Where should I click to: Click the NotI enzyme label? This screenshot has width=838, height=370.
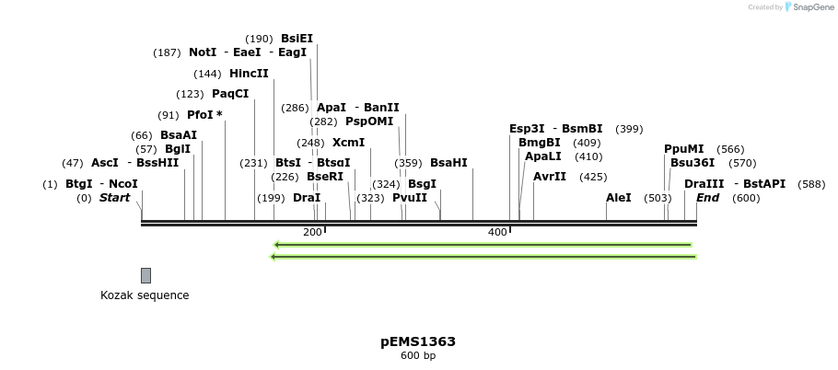point(203,52)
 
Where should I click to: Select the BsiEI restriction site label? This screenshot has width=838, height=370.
point(297,39)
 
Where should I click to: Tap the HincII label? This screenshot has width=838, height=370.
point(249,74)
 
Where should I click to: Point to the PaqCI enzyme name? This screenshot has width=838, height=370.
point(230,94)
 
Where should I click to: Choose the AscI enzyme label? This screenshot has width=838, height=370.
point(105,163)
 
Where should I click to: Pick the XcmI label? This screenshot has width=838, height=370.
point(348,143)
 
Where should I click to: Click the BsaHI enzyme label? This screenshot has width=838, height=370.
point(448,163)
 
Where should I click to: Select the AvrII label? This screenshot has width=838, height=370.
point(550,177)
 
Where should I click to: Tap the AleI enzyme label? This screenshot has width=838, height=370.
point(619,198)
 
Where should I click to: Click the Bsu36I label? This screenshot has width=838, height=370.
point(693,163)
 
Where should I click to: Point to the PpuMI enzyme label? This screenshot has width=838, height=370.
point(683,149)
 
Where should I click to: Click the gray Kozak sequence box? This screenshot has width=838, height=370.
point(145,275)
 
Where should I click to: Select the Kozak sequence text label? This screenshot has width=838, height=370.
point(145,295)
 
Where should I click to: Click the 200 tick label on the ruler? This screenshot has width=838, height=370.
point(312,232)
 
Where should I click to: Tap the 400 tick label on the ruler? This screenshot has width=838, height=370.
point(497,232)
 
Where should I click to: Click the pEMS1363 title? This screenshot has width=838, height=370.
point(418,341)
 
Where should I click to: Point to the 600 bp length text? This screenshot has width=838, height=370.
point(418,356)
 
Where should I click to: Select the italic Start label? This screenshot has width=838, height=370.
point(115,198)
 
